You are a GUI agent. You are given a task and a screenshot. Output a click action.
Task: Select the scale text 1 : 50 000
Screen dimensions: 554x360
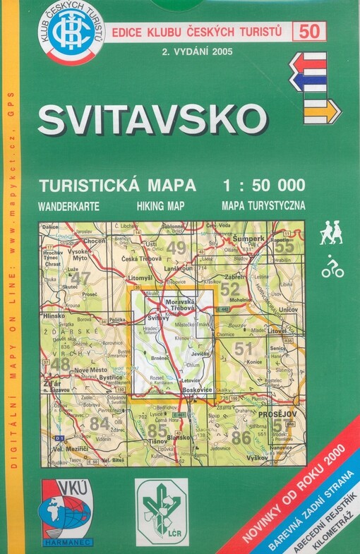pos(263,186)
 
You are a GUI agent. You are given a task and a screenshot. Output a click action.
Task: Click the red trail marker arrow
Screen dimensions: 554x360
pos(308,65)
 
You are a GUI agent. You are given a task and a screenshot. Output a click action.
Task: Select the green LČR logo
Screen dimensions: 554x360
pos(162,503)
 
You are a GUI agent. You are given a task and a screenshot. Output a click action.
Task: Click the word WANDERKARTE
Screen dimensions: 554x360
pos(69,207)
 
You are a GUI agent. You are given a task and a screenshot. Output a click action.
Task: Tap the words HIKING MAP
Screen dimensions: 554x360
pos(159,207)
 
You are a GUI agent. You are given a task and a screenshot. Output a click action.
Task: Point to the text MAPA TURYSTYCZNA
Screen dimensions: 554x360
pos(263,207)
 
